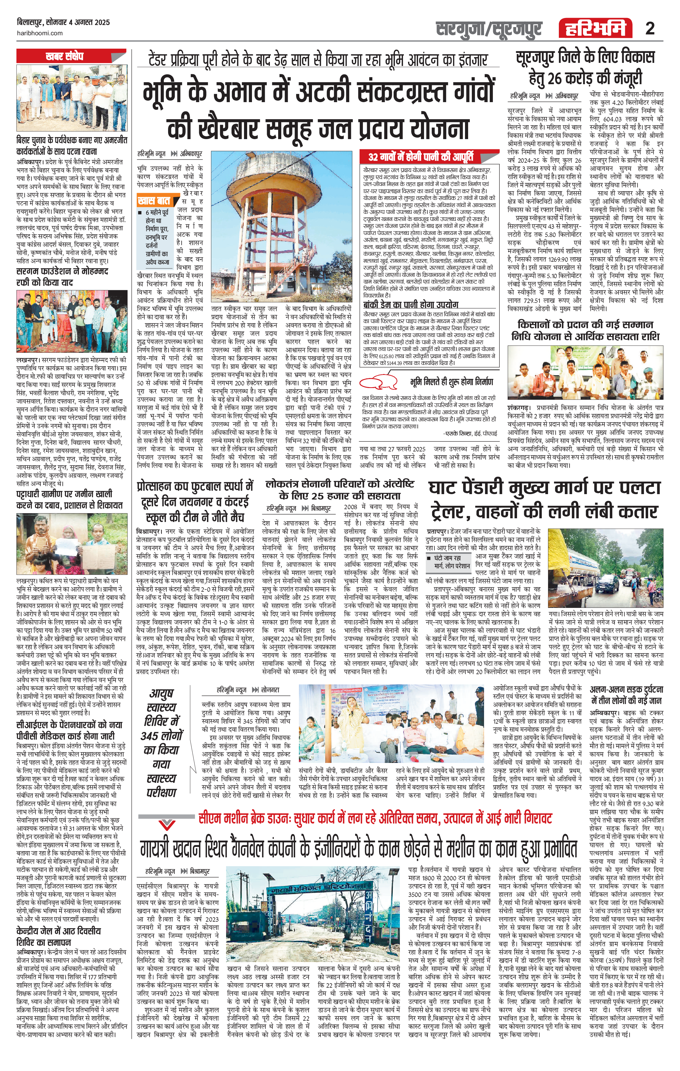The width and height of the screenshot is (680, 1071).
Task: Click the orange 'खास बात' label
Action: (153, 201)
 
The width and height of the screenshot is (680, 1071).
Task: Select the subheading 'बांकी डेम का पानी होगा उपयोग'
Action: (410, 305)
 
